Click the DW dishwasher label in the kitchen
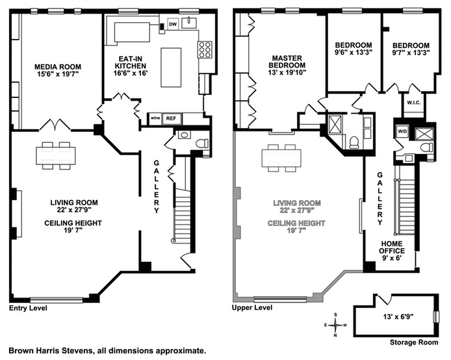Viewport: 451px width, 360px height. click(x=173, y=25)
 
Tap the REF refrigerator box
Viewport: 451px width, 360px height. click(x=172, y=118)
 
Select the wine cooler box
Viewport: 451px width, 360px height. click(x=155, y=118)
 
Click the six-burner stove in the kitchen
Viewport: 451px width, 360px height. click(x=205, y=50)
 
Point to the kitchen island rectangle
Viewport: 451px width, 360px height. click(x=171, y=68)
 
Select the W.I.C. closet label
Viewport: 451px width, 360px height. click(x=414, y=103)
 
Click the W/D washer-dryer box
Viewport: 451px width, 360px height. click(x=402, y=132)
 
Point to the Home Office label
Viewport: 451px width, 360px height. click(x=392, y=247)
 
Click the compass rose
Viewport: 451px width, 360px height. click(x=335, y=325)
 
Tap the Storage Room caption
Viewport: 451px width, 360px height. click(x=414, y=342)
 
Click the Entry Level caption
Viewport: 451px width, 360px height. click(x=28, y=308)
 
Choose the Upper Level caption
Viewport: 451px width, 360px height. click(x=252, y=307)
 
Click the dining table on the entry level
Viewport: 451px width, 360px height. click(x=56, y=155)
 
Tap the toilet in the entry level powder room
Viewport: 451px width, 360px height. click(x=201, y=143)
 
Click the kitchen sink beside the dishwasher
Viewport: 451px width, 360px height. click(x=189, y=23)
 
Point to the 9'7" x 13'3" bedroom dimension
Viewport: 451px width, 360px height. click(x=411, y=53)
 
